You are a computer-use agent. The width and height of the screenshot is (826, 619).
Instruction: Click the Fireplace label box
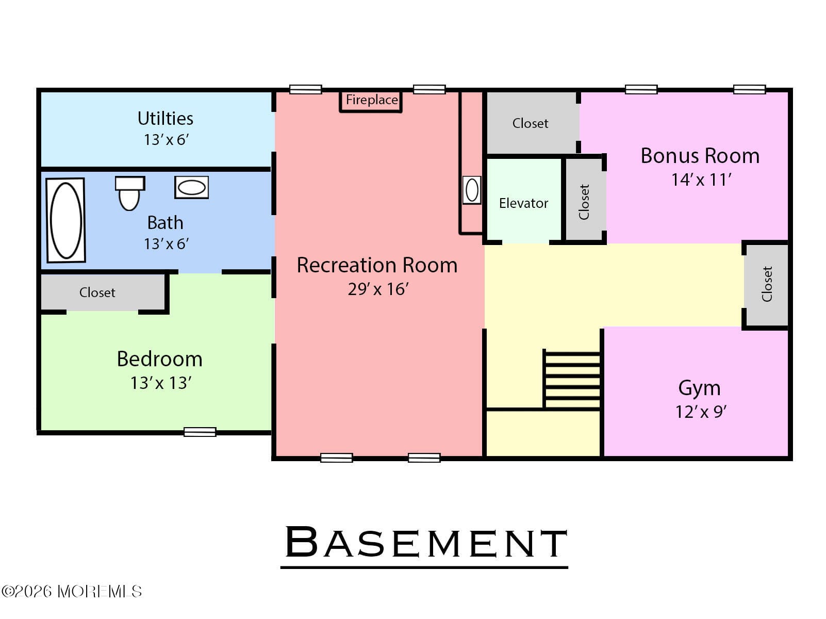click(x=371, y=100)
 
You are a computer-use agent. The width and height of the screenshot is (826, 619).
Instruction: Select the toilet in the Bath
click(x=129, y=193)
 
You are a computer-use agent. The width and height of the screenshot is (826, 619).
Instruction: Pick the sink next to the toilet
click(x=191, y=187)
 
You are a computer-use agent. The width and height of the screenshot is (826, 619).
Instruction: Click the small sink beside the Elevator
click(x=472, y=190)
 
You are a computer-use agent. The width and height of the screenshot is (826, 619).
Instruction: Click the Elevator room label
click(x=523, y=203)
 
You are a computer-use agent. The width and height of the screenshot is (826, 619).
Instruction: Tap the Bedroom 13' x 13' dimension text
click(x=161, y=383)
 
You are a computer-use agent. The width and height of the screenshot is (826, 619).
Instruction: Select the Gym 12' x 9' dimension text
click(x=701, y=412)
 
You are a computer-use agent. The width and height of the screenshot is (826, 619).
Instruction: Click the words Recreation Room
click(x=377, y=265)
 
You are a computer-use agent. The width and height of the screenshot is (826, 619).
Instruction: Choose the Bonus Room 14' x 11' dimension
click(x=701, y=180)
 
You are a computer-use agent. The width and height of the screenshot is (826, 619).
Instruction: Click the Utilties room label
click(x=165, y=119)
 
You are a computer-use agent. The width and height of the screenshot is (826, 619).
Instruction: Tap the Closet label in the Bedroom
click(x=97, y=292)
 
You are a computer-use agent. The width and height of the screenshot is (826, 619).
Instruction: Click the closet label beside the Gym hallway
click(x=767, y=284)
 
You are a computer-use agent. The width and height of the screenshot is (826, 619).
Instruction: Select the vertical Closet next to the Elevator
click(x=584, y=202)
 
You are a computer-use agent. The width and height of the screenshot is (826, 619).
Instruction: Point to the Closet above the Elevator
click(x=530, y=123)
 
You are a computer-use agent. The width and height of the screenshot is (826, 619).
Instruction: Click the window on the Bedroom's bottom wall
click(x=200, y=432)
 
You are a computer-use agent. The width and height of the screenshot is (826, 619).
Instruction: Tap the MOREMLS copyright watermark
click(x=72, y=591)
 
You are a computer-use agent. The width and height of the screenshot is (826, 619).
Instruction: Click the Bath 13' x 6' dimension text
click(x=166, y=244)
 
